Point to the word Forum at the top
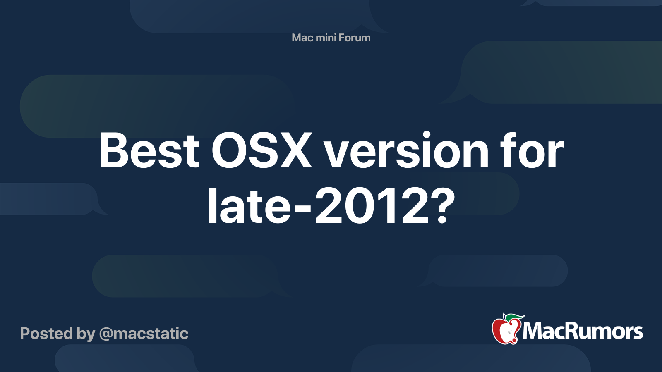tap(355, 38)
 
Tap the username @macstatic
tap(144, 334)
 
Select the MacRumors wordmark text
tap(583, 331)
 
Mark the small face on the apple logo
tap(509, 332)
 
